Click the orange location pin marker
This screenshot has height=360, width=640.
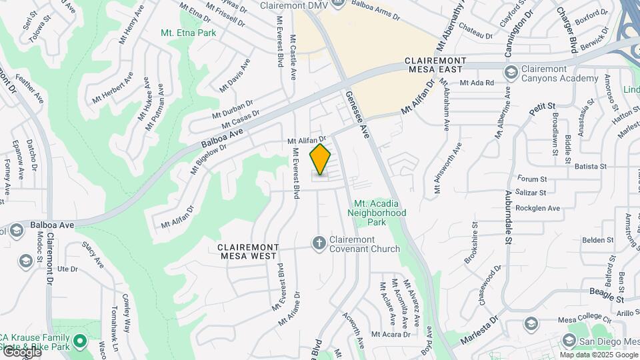[x=321, y=159]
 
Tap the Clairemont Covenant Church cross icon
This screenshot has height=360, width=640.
[x=319, y=243]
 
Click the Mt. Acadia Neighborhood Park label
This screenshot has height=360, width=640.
[x=379, y=213]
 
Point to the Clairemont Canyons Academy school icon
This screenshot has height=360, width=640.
[x=511, y=73]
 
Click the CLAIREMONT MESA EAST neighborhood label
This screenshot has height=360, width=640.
[x=445, y=65]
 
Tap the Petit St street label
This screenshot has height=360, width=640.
[x=543, y=109]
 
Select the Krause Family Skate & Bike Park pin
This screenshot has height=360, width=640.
[x=81, y=343]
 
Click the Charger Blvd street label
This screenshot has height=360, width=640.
[x=566, y=30]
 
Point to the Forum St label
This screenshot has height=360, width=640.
[x=532, y=179]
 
